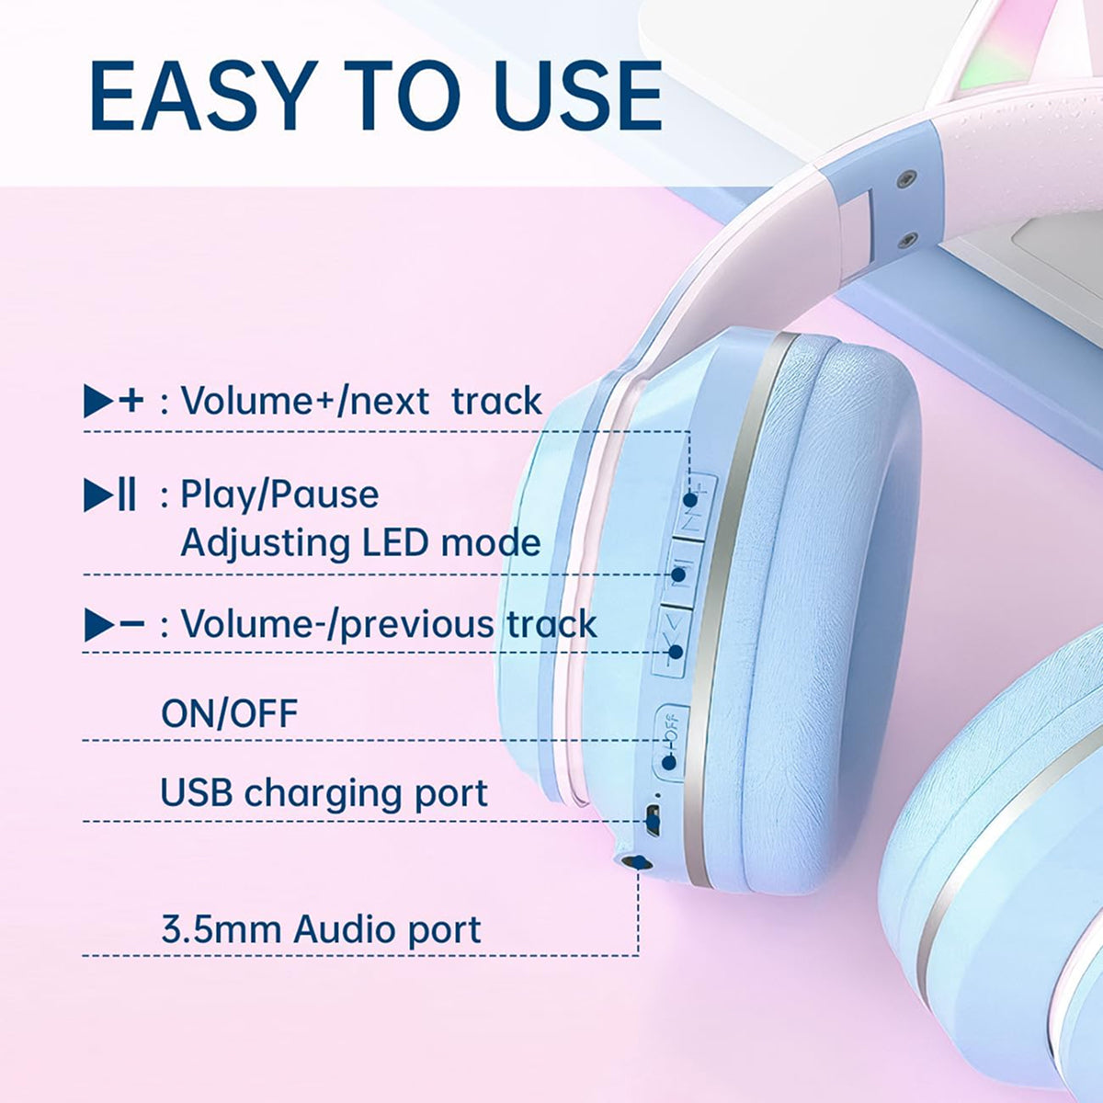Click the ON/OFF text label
tap(230, 713)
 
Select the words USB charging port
tap(324, 793)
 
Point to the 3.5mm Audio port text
tap(321, 929)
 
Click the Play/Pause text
tap(279, 495)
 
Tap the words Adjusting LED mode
tap(360, 542)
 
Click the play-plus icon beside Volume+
tap(113, 401)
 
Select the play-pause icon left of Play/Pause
tap(110, 495)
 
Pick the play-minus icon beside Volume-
tap(114, 624)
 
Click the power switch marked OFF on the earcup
tap(672, 742)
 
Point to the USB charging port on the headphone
tap(653, 821)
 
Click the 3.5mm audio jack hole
tap(635, 862)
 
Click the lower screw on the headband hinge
tap(907, 239)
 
